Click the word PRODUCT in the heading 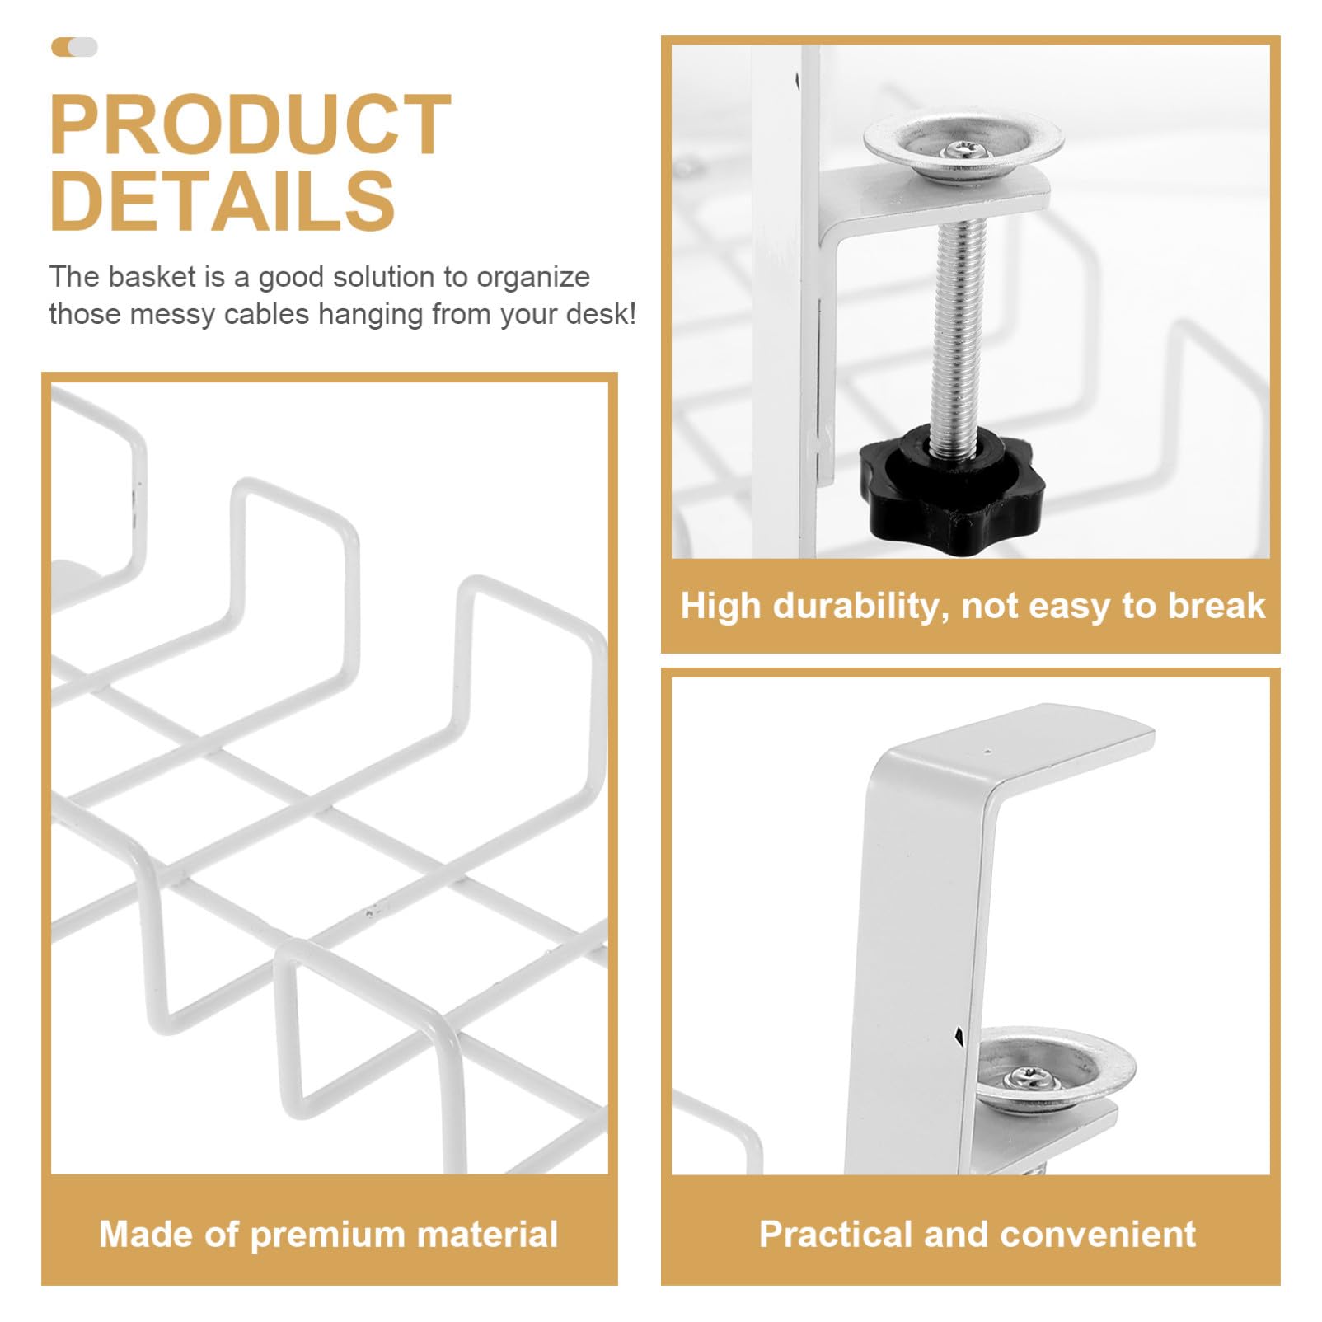251,124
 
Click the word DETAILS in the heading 223,200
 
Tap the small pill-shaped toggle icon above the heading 74,47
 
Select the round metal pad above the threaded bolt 963,148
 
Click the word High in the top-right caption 721,607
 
